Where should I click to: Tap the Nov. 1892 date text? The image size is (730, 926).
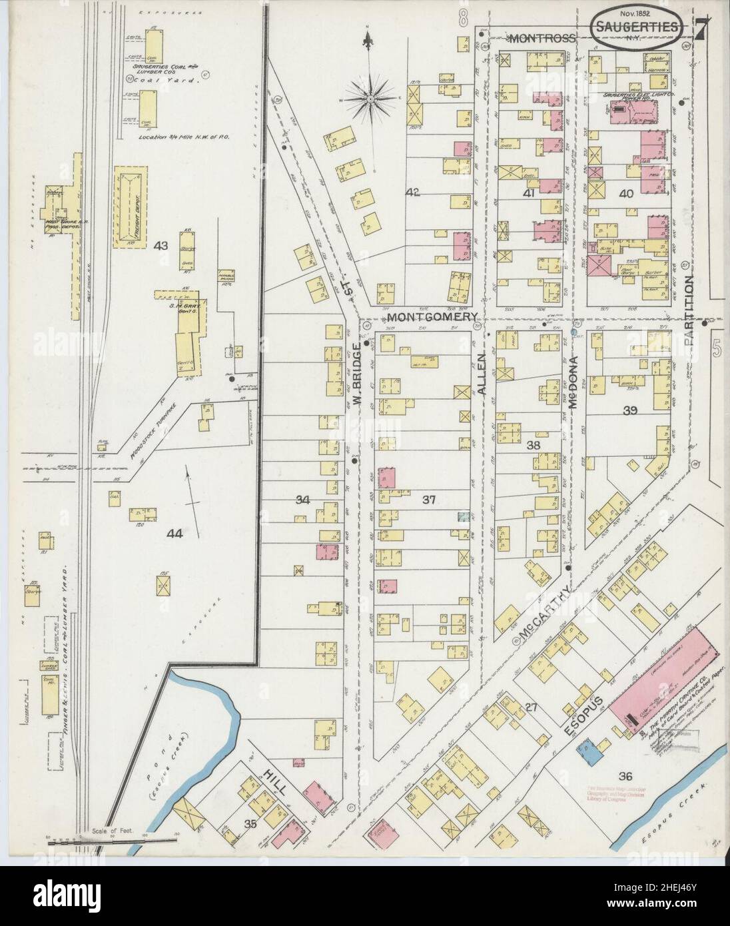pyautogui.click(x=617, y=12)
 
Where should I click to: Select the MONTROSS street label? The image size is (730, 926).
pyautogui.click(x=542, y=39)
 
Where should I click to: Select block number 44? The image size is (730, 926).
pyautogui.click(x=175, y=533)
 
